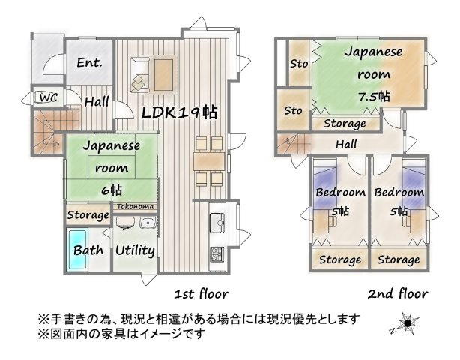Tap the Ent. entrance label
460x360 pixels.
point(89,63)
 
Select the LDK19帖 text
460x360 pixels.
point(180,112)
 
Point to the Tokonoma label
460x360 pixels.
point(134,207)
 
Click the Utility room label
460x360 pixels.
point(135,250)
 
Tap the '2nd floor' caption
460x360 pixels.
point(399,293)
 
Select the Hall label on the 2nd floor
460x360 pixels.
point(345,144)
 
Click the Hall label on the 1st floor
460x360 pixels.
point(95,103)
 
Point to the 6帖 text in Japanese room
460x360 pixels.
point(112,188)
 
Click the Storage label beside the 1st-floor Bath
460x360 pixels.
point(88,215)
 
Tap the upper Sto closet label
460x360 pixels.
point(297,63)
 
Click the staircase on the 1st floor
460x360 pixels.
point(46,128)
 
